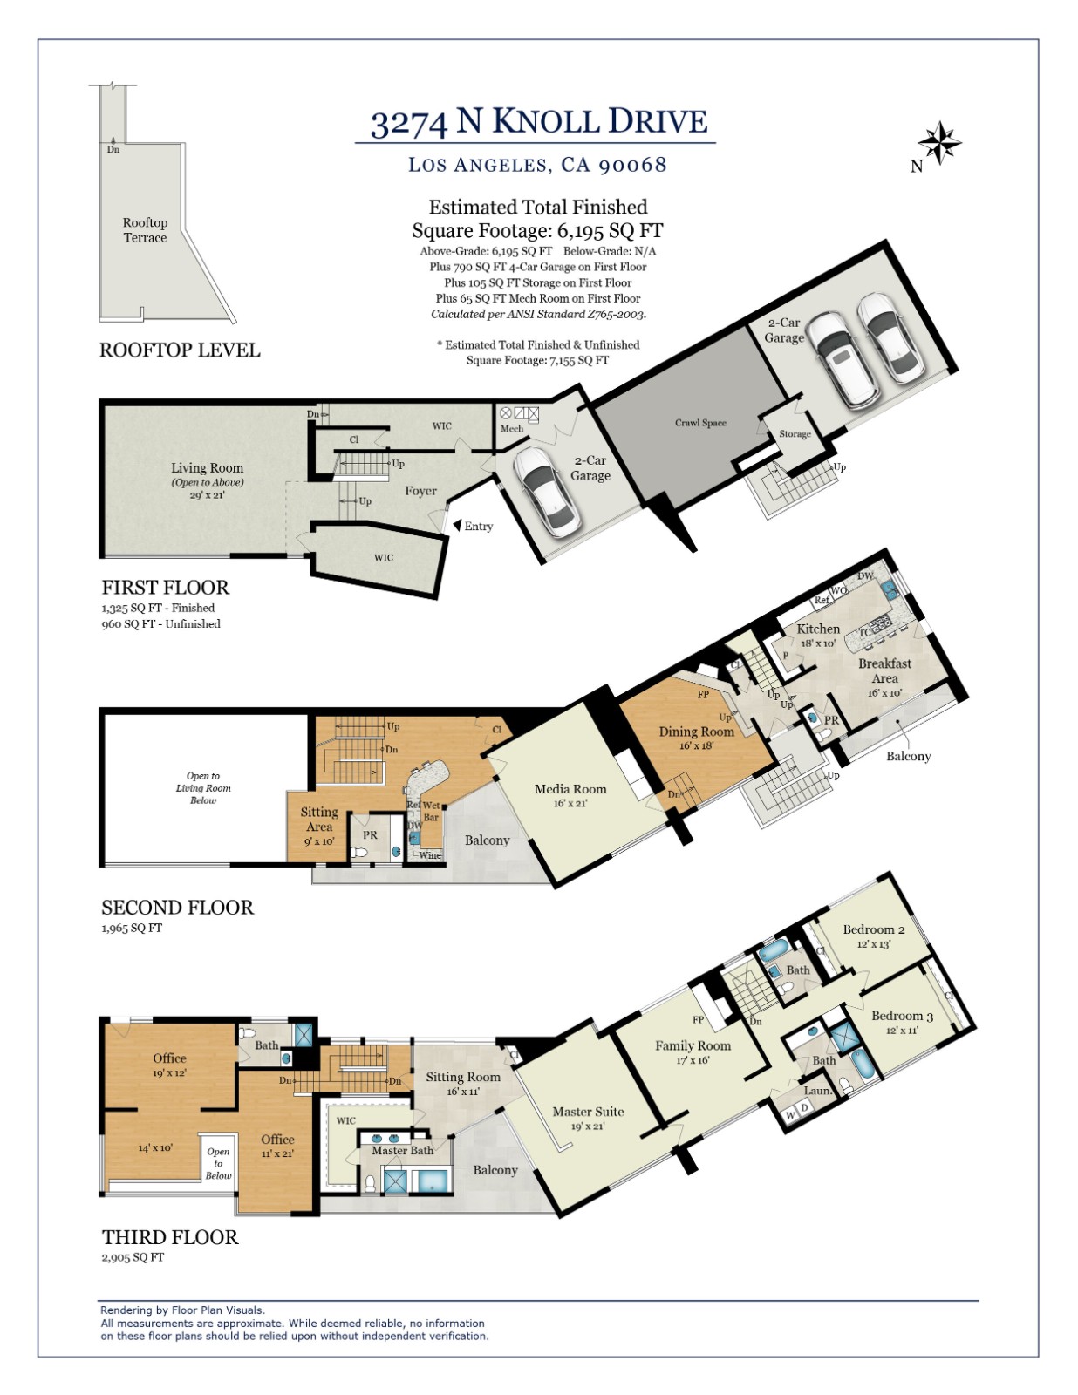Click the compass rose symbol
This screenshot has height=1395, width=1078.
(x=938, y=142)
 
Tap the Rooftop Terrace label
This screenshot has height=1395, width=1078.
(x=145, y=230)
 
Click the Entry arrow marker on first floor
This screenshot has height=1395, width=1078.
(x=457, y=526)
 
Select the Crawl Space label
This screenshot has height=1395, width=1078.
(x=700, y=423)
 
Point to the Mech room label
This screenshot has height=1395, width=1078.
(x=512, y=429)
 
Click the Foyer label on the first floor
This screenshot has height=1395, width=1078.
(x=420, y=491)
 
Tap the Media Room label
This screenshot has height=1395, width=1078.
(x=570, y=789)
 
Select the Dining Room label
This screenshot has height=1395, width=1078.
(x=696, y=732)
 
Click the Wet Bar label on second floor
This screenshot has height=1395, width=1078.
(x=431, y=812)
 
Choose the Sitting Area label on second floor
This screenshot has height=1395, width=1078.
(x=319, y=819)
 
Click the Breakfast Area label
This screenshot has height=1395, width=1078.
(x=884, y=670)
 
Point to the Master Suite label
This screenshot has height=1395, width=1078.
(x=588, y=1112)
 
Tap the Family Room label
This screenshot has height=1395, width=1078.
(x=693, y=1045)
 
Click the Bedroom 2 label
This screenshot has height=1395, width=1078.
(x=874, y=929)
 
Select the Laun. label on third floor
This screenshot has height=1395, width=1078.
(x=817, y=1091)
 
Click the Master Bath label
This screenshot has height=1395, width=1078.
(x=402, y=1151)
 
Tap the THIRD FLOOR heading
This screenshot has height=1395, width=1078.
(x=170, y=1237)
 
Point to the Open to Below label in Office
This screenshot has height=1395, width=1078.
(x=218, y=1163)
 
